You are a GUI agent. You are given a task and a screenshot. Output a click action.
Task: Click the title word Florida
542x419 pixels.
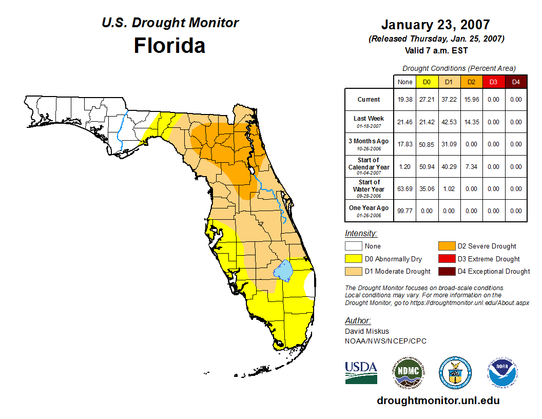[169, 46]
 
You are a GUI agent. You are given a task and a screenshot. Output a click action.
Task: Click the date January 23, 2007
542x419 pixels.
[435, 25]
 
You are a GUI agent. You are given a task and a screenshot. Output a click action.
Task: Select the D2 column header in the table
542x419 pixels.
[471, 82]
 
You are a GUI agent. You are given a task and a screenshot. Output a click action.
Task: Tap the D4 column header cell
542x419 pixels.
[515, 82]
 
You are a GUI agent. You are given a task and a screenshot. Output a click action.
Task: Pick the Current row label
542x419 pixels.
[369, 100]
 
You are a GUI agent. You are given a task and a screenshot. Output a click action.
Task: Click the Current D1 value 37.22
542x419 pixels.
[449, 100]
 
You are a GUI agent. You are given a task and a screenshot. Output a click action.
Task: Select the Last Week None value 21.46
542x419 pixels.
[404, 122]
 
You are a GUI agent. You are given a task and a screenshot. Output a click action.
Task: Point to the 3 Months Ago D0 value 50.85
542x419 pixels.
[427, 144]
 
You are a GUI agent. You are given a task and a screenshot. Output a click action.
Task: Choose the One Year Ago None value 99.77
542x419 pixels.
[404, 211]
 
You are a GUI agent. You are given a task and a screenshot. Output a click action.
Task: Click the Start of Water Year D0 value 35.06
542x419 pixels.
[427, 189]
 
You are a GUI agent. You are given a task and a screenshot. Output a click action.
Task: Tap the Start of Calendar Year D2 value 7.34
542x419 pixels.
[471, 167]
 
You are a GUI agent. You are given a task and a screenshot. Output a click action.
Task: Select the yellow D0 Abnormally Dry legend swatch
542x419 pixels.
[353, 259]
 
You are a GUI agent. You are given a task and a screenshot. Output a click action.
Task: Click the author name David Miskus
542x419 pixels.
[367, 331]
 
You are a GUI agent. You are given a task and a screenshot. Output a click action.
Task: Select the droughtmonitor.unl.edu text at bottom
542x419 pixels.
[438, 401]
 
